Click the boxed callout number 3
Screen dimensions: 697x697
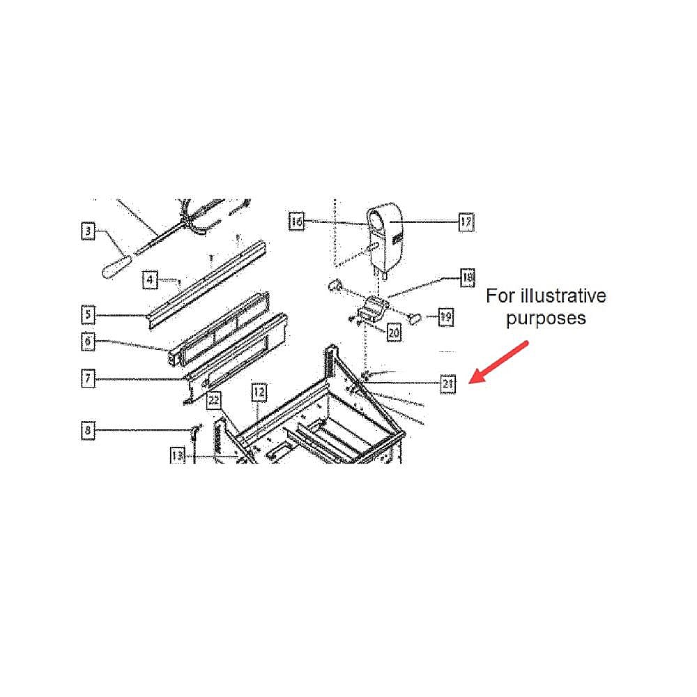pos(88,231)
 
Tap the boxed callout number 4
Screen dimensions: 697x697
pos(150,279)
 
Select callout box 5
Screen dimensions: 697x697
pos(88,315)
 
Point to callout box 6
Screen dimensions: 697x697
pos(88,342)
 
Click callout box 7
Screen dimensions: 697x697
pos(88,378)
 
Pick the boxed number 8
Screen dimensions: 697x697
pos(88,430)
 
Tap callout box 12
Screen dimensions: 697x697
pos(259,392)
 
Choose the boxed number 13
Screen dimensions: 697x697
pos(177,455)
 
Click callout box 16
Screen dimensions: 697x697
pos(296,221)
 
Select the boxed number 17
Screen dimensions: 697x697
pos(466,222)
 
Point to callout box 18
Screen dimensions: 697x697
pos(467,278)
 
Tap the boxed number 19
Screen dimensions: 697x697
pos(445,317)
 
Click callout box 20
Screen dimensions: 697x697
pos(394,332)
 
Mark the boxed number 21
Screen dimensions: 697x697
pos(447,384)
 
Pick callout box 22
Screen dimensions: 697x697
pos(213,400)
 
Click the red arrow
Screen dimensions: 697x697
pos(498,362)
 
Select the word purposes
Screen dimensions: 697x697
pos(546,319)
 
